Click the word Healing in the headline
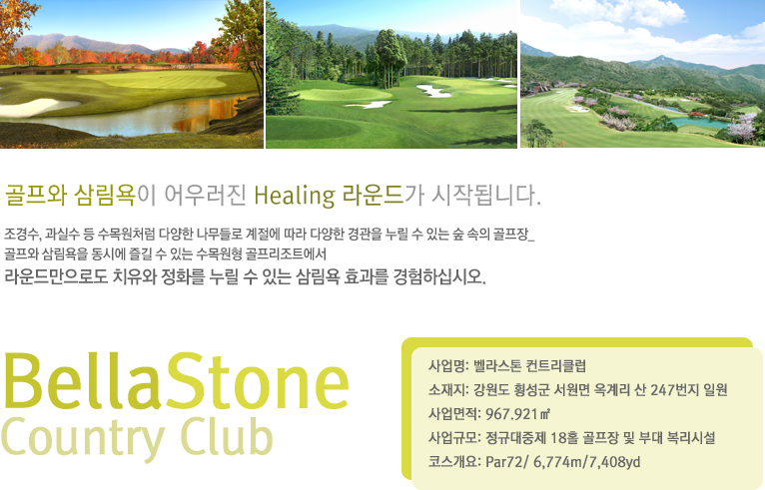295,196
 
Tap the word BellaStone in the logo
176,381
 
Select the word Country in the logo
83,437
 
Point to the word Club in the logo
227,435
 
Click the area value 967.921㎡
517,414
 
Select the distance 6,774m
557,462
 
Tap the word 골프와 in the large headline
36,196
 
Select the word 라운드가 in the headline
382,196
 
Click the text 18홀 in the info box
562,438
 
